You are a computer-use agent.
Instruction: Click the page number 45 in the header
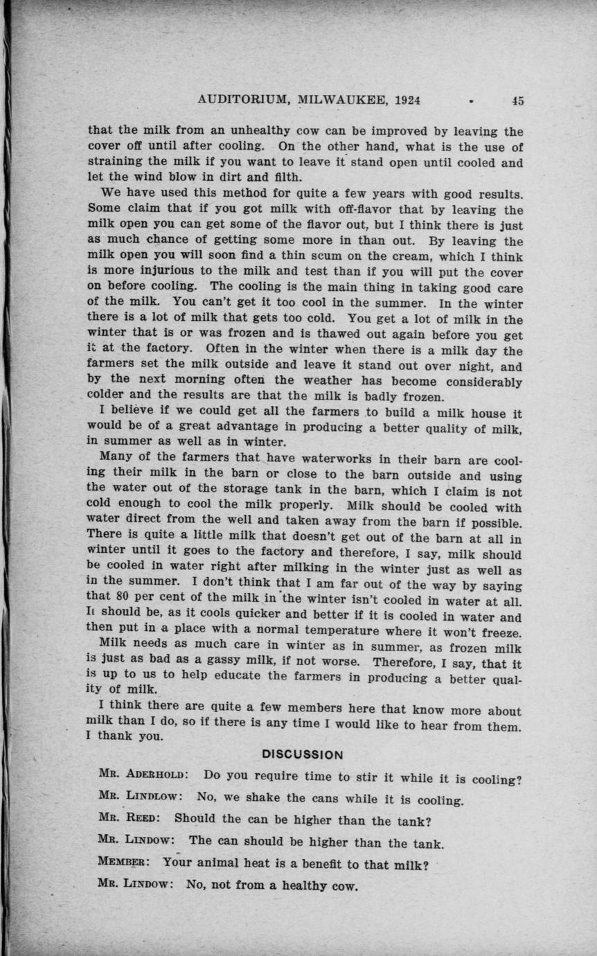click(x=518, y=100)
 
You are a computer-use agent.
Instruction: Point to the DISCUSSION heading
click(x=303, y=754)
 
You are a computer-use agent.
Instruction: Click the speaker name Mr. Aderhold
click(x=144, y=777)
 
